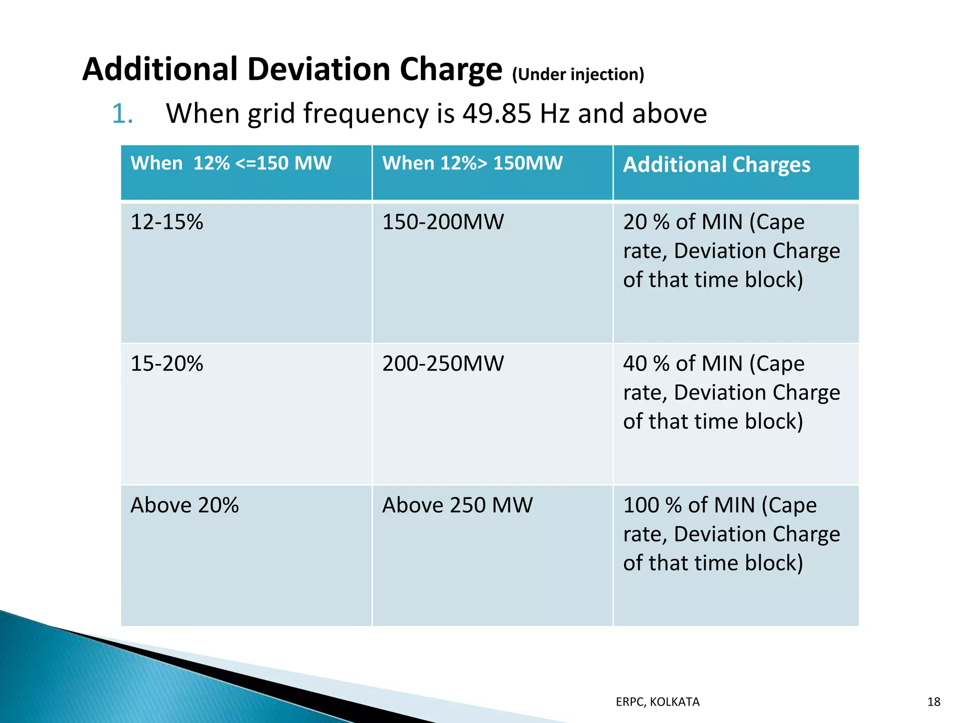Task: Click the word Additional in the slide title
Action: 161,69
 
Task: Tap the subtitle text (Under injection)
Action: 578,74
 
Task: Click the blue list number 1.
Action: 122,114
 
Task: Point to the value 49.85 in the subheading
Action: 497,114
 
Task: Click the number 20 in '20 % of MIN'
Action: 635,222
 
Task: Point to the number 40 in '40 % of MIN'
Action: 635,364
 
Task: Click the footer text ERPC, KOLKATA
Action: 658,702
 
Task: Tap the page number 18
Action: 933,702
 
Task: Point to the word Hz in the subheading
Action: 555,114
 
